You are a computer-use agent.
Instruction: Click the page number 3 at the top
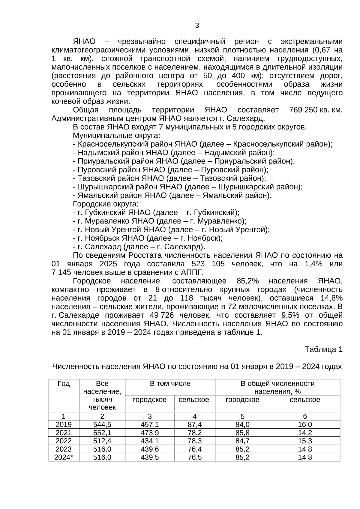197,26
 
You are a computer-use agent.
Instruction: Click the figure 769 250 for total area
303,110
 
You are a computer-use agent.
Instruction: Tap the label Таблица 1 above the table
323,349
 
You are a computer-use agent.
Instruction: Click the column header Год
64,384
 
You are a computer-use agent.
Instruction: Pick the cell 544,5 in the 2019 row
102,424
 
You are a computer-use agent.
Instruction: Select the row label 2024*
64,457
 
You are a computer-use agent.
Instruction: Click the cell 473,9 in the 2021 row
150,433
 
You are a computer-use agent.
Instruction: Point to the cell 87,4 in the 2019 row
195,424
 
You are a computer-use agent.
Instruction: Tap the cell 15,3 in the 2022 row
305,441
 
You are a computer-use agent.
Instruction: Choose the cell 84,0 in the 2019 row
242,424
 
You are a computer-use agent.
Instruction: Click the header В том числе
170,384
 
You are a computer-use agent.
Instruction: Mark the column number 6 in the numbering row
305,416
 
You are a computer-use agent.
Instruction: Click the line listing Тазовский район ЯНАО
169,178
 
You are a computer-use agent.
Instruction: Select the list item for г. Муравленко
160,221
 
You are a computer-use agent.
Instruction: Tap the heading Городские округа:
106,204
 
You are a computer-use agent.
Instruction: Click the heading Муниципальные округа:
116,135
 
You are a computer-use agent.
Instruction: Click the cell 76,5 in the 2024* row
195,457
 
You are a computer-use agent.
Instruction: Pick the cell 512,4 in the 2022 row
102,441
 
